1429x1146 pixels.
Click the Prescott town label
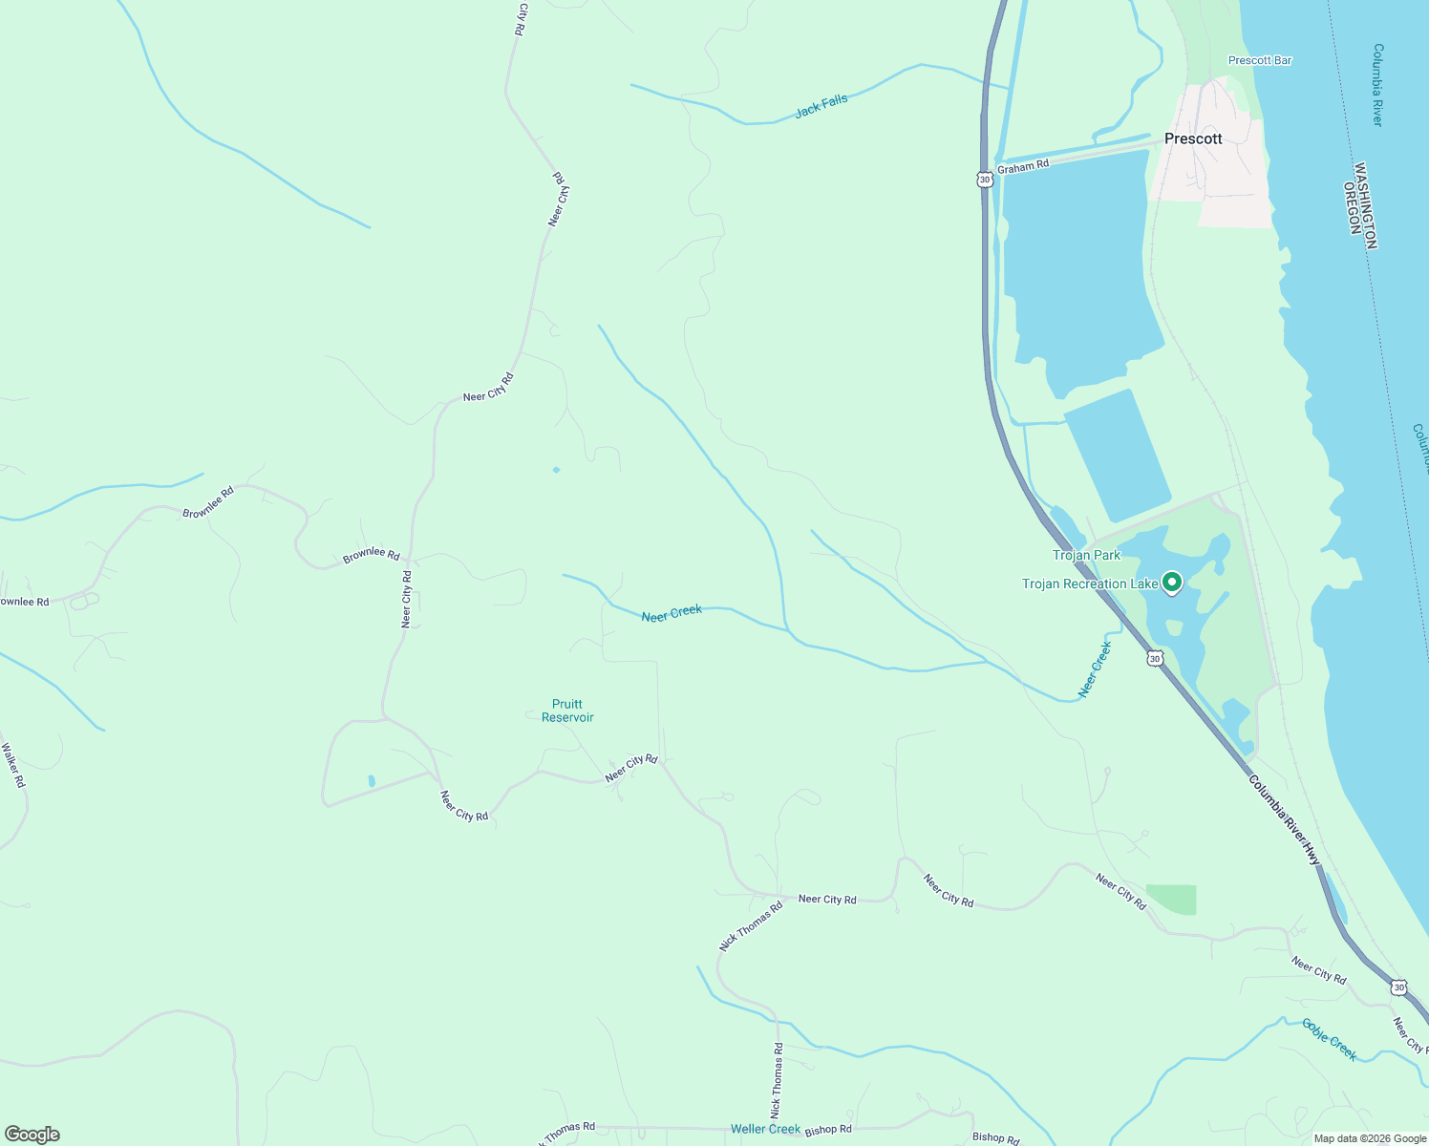1193,138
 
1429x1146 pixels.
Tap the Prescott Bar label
1259,60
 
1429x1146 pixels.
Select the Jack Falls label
821,106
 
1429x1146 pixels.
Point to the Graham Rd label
1023,166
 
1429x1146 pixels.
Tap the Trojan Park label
1086,555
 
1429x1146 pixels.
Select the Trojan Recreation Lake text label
1090,584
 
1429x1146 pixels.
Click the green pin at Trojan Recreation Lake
1171,582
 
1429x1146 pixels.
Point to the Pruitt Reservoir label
567,711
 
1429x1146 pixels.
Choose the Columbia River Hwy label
1284,819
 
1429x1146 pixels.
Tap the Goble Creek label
1329,1038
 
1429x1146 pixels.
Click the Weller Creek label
765,1129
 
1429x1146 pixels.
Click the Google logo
32,1134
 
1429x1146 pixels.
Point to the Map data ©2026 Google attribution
1369,1137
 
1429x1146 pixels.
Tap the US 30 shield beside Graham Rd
985,179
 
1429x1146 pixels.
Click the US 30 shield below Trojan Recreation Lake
1155,659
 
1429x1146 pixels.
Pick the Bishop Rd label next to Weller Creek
827,1130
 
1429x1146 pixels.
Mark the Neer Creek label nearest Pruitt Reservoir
672,613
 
